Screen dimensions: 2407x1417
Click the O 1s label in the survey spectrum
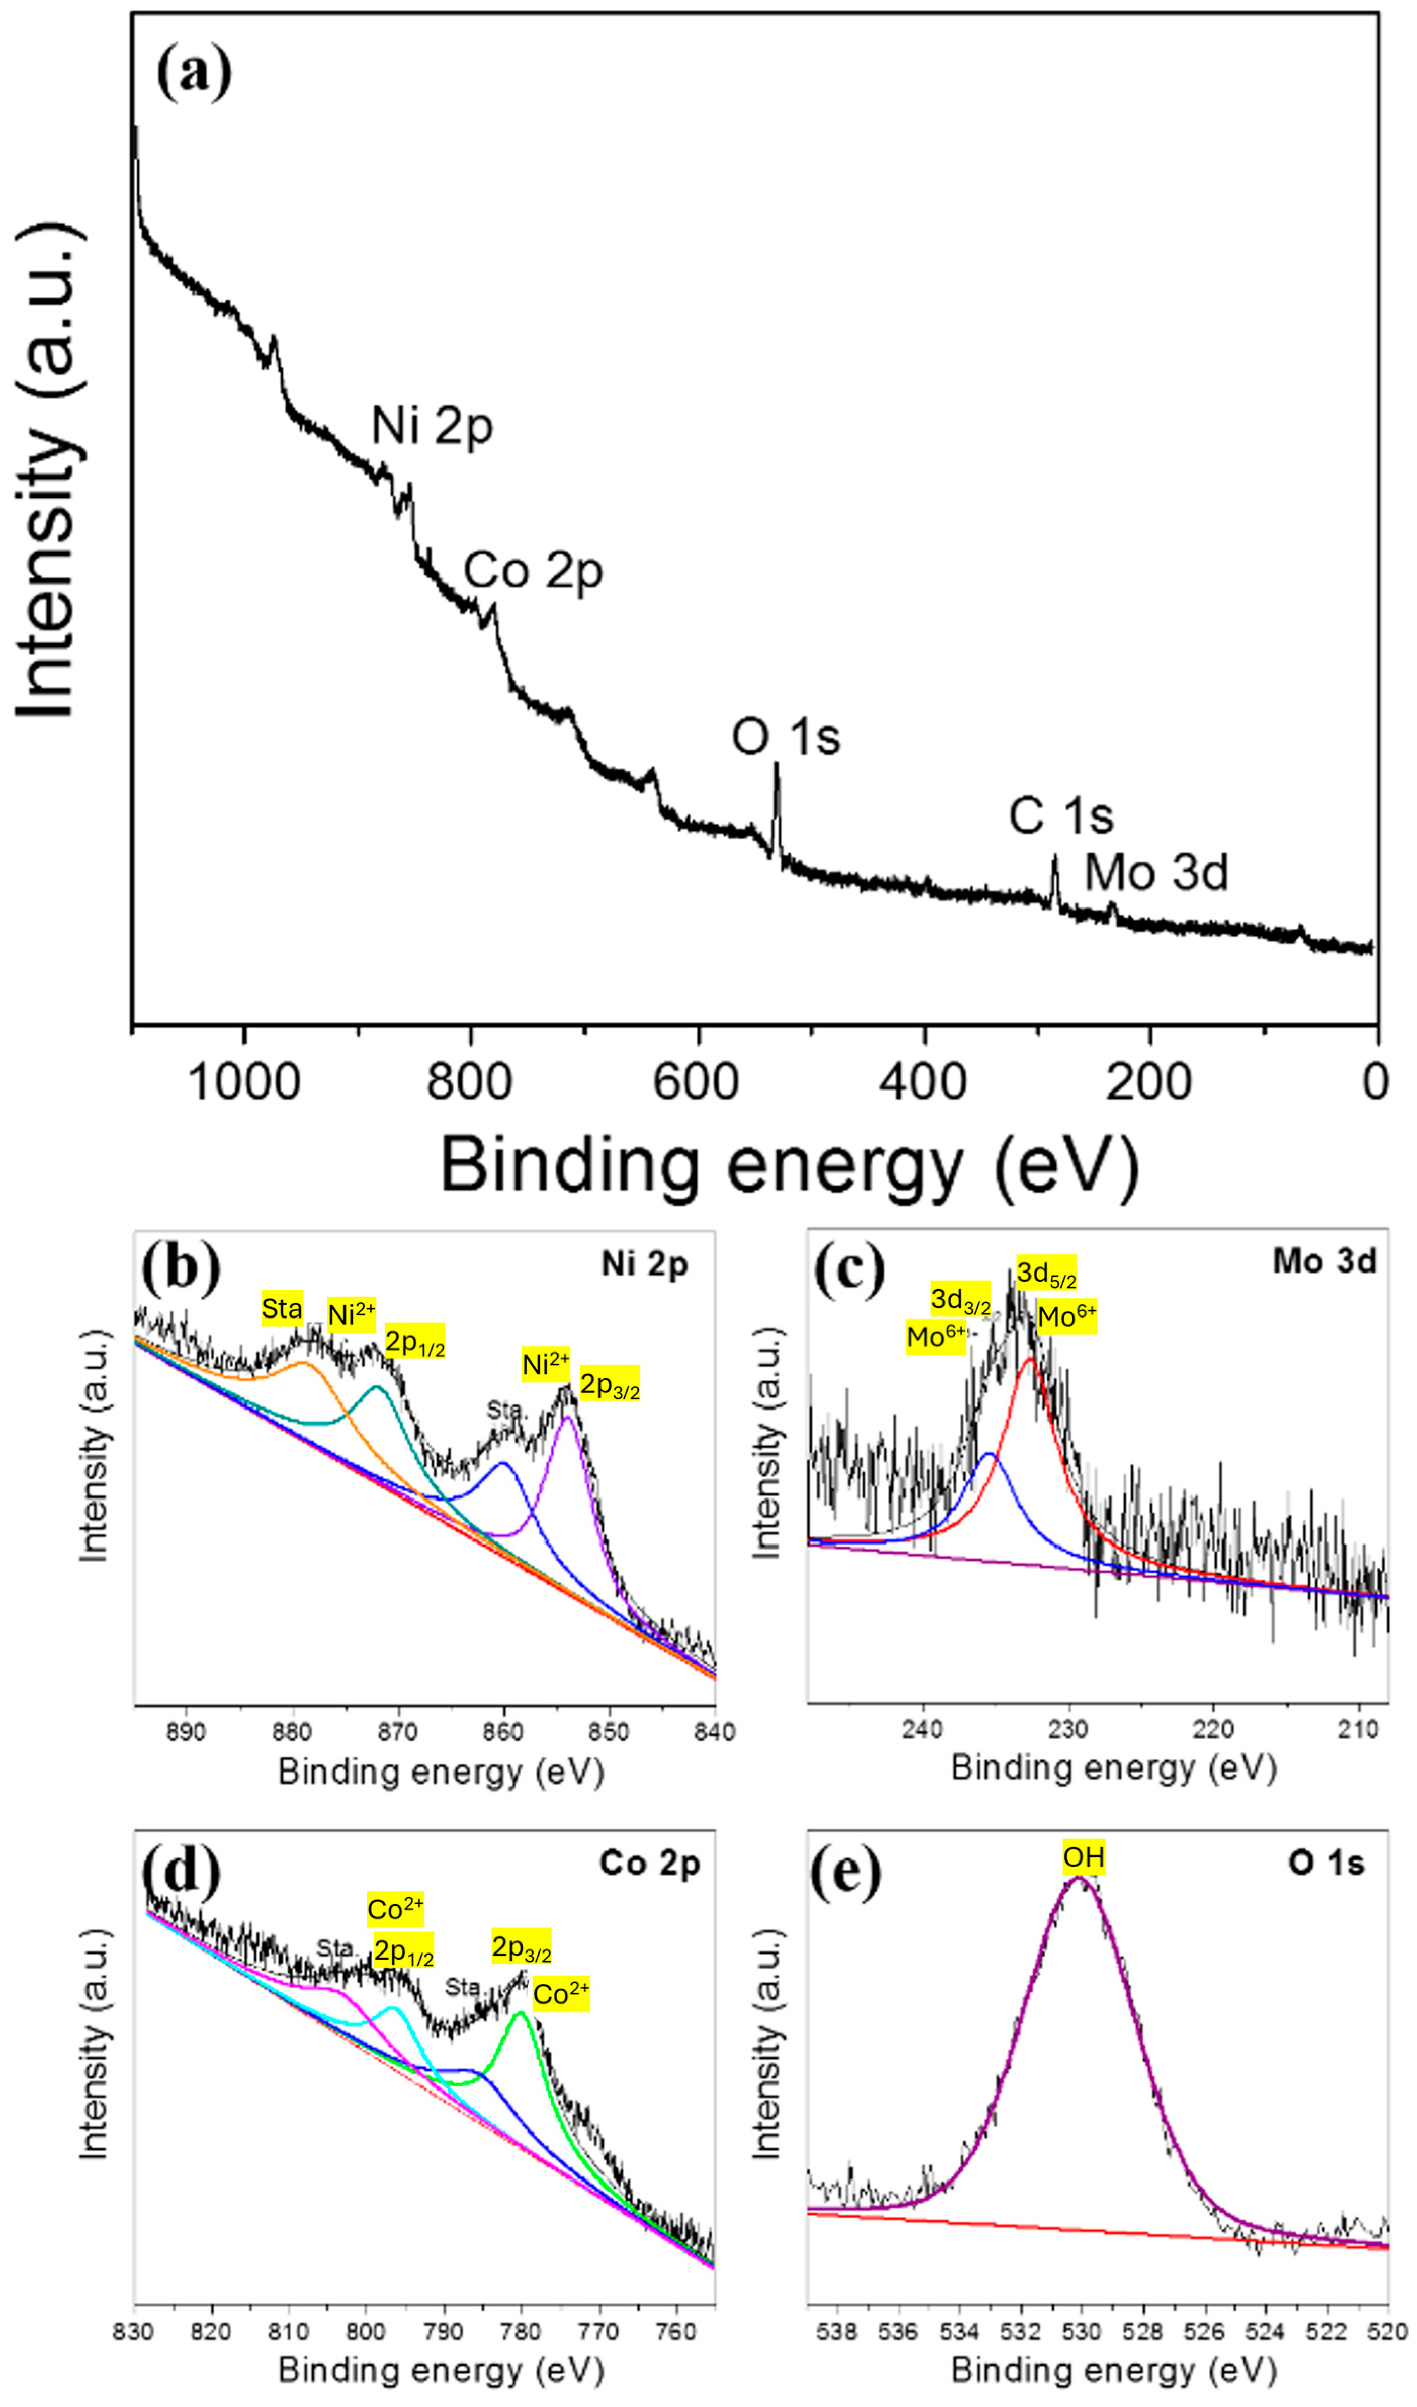[x=786, y=738]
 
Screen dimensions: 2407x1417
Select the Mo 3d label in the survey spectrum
[x=1156, y=873]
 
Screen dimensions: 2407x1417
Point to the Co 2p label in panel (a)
[x=533, y=571]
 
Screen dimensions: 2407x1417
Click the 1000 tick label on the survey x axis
[x=245, y=1082]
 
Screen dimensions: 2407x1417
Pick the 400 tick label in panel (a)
[x=923, y=1082]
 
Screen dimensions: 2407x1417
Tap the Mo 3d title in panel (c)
[x=1324, y=1262]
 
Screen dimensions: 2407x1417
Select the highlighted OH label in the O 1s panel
[x=1084, y=1858]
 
